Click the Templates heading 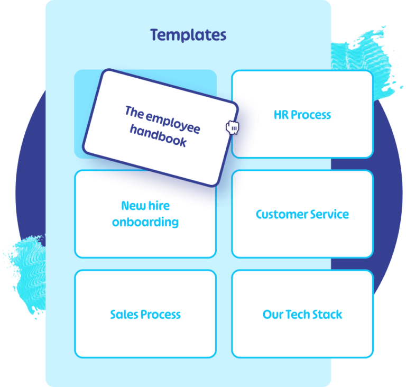(x=188, y=35)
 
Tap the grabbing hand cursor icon (x=233, y=127)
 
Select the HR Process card (x=302, y=114)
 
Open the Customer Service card (x=302, y=214)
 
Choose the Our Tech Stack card (x=302, y=314)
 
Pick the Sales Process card (x=145, y=314)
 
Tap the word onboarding (x=145, y=222)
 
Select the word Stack (x=327, y=315)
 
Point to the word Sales (x=122, y=315)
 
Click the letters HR (x=281, y=115)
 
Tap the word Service (x=330, y=215)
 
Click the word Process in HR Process (x=310, y=115)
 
